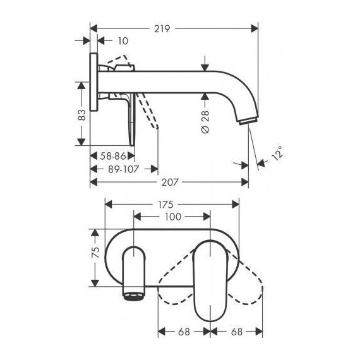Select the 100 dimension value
(x=172, y=217)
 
